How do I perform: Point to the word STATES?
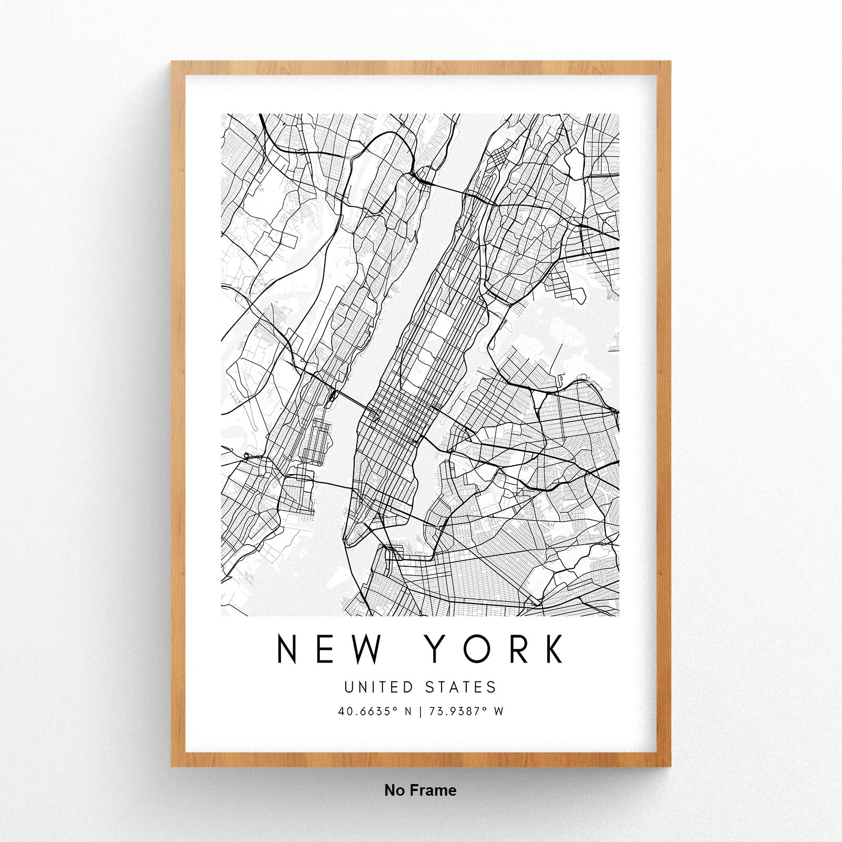(x=460, y=687)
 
